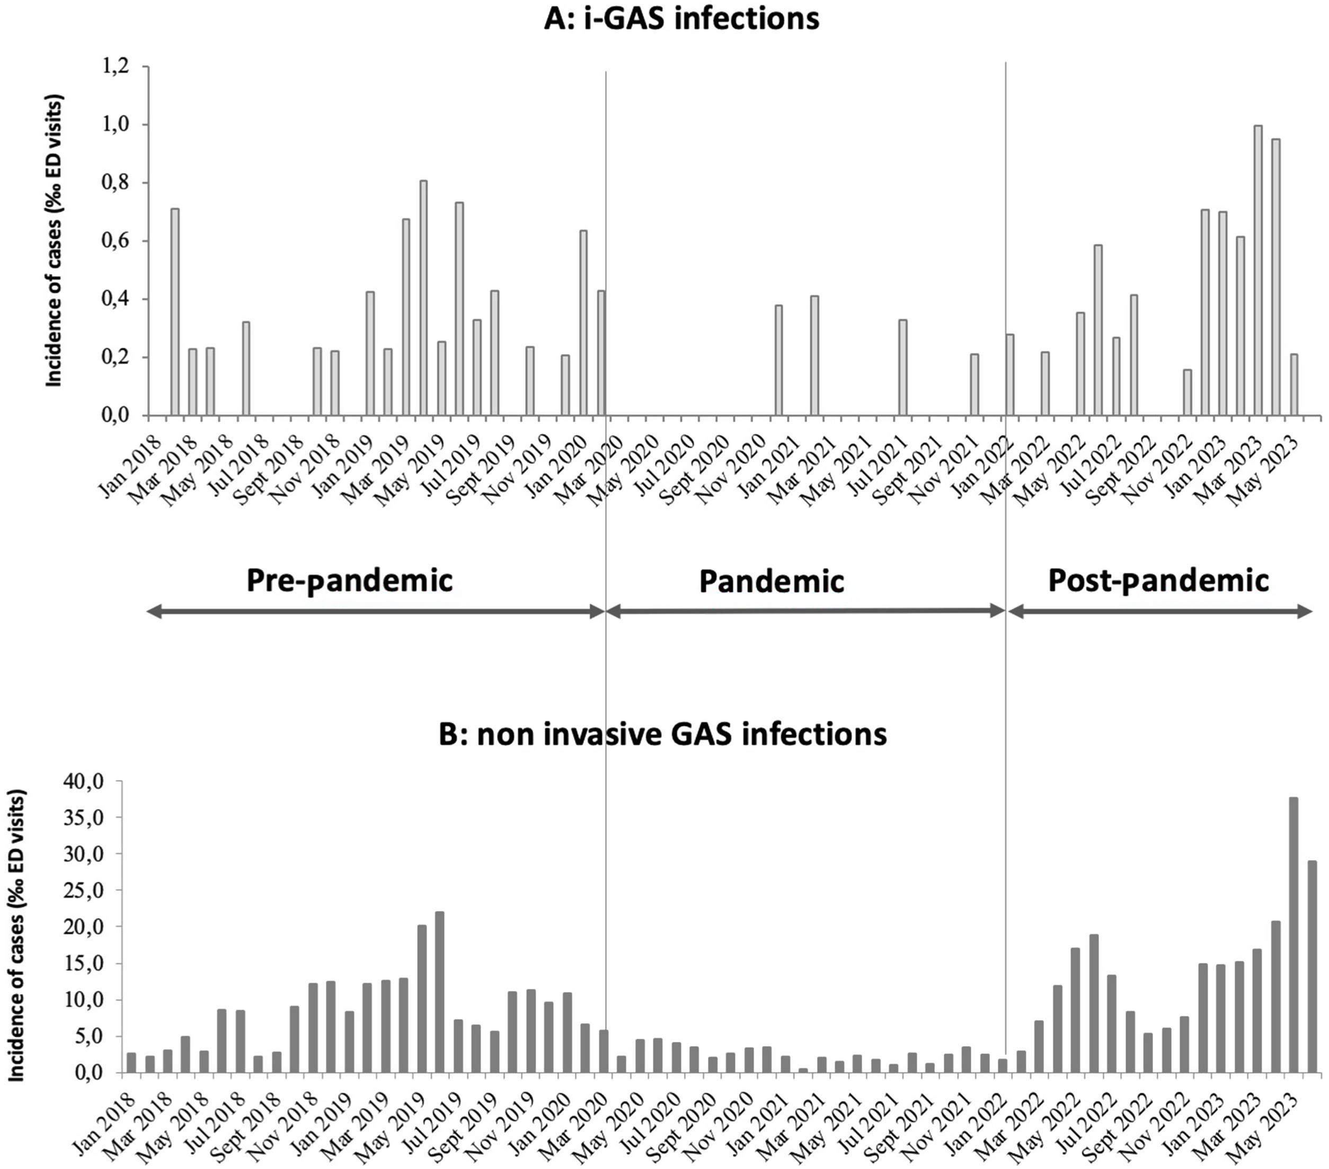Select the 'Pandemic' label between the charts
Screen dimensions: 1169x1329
[771, 582]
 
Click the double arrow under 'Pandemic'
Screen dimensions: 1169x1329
[805, 610]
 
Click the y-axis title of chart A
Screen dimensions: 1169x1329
[54, 241]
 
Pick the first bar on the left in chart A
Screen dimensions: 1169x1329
[175, 312]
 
